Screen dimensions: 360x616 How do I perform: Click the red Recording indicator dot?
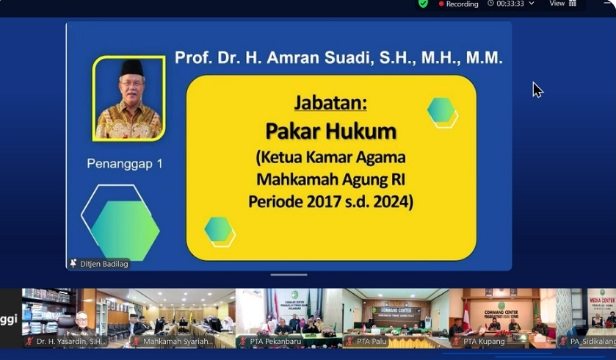[441, 4]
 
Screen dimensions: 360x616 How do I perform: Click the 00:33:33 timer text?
[510, 4]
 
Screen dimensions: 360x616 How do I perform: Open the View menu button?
[562, 4]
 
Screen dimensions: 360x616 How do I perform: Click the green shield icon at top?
[423, 4]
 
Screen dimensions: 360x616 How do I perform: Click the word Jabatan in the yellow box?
[330, 102]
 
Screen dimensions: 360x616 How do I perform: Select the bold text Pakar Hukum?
[330, 132]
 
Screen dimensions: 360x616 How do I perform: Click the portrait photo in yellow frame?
[129, 98]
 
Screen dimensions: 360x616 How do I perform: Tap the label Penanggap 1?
[125, 164]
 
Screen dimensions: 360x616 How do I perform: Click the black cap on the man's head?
[131, 68]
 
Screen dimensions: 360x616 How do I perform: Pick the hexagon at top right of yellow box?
[441, 111]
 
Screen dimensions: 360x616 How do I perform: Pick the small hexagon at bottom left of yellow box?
[219, 230]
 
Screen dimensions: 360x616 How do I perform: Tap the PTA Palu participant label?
[372, 342]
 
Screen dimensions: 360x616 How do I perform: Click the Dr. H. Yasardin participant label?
[71, 342]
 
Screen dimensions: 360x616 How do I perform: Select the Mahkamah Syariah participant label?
[178, 342]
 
